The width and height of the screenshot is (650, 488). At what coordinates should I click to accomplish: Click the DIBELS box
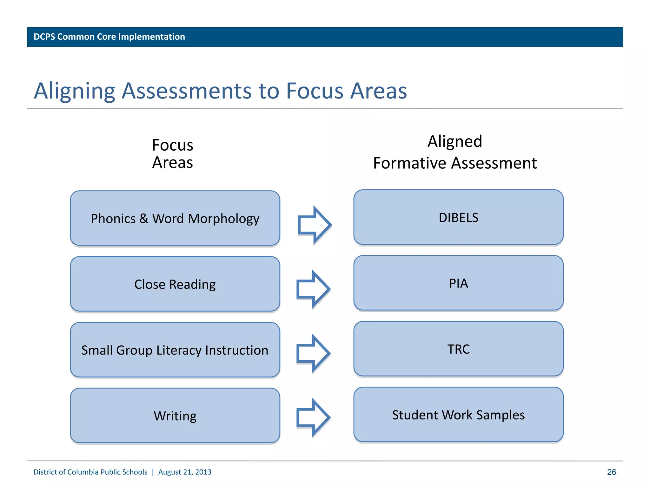point(458,218)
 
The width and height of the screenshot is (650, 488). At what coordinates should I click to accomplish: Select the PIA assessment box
point(458,283)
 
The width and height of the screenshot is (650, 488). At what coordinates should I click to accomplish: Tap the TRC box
point(458,349)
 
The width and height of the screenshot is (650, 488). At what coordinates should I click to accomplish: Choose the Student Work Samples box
point(458,415)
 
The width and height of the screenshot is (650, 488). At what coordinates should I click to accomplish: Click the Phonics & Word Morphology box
point(175,219)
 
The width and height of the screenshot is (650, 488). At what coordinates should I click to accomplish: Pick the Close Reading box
point(175,284)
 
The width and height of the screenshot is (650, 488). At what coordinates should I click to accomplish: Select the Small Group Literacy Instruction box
point(175,350)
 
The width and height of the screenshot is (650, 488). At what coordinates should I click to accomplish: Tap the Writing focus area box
point(175,416)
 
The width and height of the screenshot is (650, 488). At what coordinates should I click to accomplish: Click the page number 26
point(611,472)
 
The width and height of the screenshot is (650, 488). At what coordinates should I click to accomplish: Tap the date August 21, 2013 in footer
point(185,472)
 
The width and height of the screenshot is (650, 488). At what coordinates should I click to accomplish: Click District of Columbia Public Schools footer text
point(90,472)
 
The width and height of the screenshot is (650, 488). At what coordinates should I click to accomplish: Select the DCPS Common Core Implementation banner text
point(109,37)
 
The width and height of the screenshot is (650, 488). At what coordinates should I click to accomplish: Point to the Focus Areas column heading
point(172,154)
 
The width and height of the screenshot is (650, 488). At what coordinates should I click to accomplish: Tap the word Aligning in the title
point(74,91)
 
